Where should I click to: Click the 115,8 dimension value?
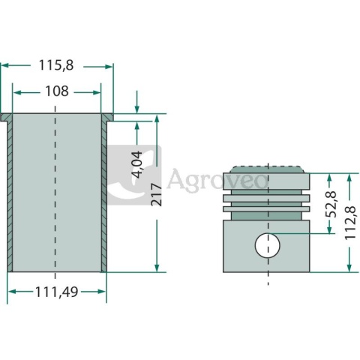point(56,65)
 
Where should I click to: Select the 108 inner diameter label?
point(57,91)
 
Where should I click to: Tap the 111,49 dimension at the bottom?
point(57,292)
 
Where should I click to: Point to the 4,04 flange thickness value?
point(137,164)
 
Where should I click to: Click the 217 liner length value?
point(157,194)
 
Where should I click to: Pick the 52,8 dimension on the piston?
point(331,204)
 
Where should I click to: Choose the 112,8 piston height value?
point(350,223)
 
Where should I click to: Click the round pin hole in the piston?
point(268,245)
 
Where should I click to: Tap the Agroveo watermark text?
point(217,179)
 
